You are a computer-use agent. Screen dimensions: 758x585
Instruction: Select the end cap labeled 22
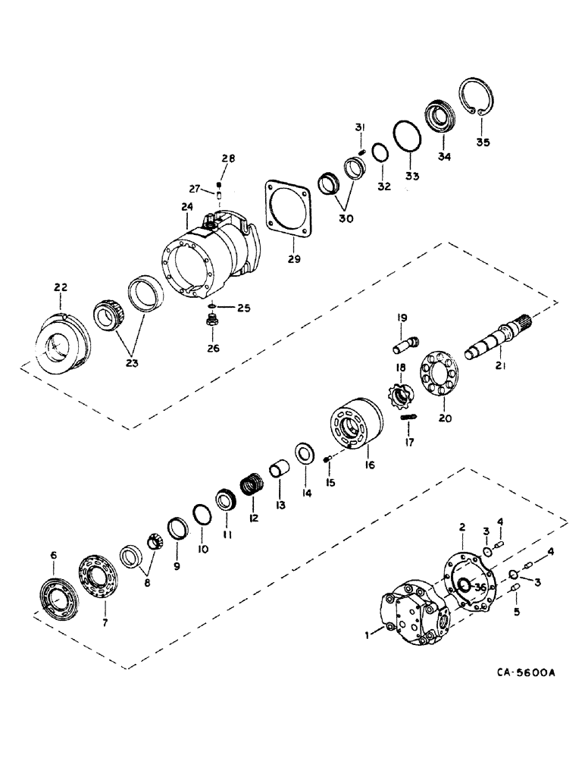point(64,343)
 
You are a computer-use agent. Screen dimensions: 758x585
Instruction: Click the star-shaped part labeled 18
point(399,396)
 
